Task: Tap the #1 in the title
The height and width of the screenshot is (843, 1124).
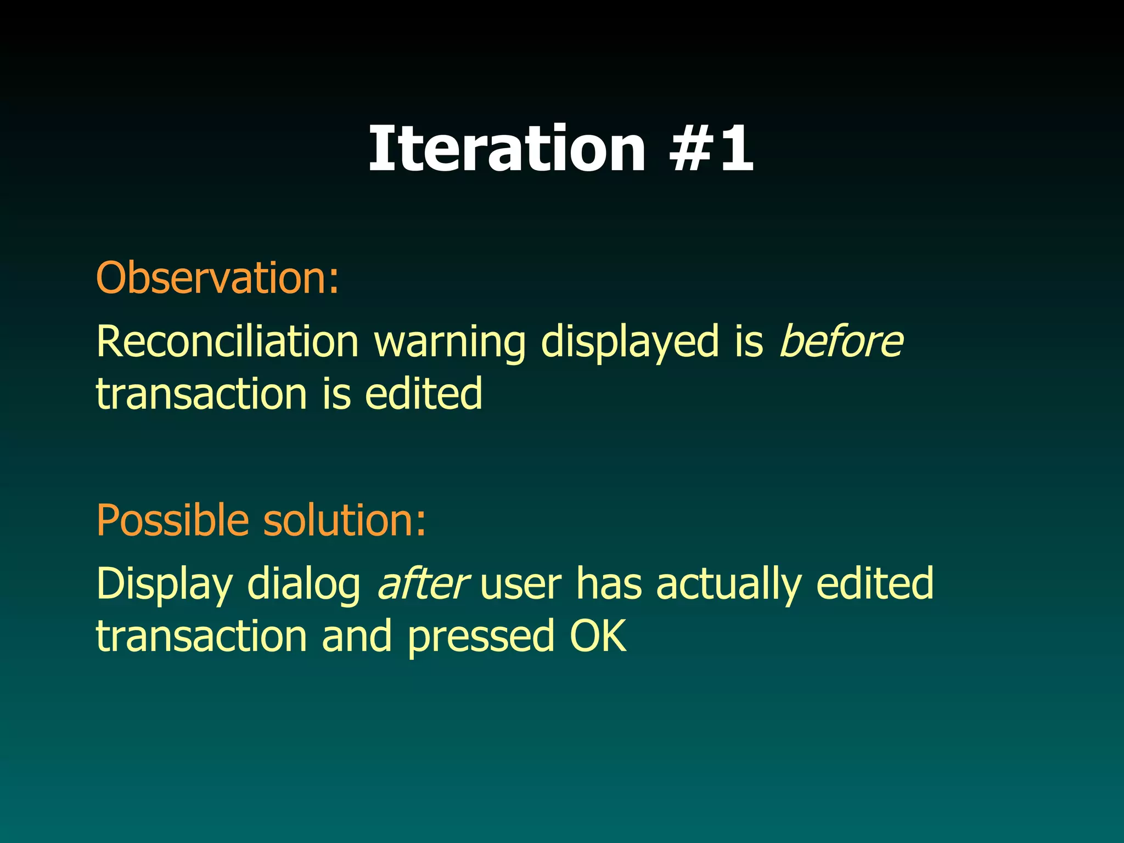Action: point(711,148)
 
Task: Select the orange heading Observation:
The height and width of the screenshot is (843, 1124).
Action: point(217,278)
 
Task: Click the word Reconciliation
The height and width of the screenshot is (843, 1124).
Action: point(227,341)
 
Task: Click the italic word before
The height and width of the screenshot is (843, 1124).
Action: point(841,341)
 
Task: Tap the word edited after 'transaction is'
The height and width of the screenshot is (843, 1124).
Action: point(423,394)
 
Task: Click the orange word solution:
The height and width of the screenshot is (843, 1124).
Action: point(344,520)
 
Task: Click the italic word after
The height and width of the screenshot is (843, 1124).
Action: point(422,583)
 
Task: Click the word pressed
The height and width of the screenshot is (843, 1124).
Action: point(480,637)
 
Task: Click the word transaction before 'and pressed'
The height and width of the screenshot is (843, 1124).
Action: point(201,637)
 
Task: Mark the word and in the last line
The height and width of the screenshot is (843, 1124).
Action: point(357,637)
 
